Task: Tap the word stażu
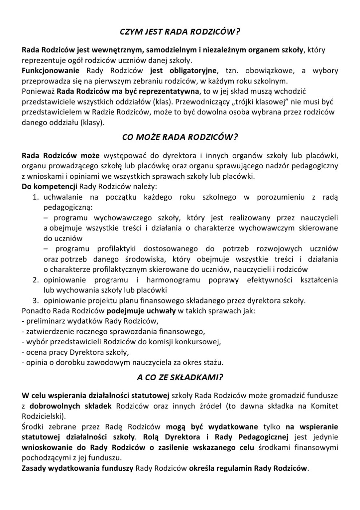click(x=213, y=363)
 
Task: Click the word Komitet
click(x=324, y=406)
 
